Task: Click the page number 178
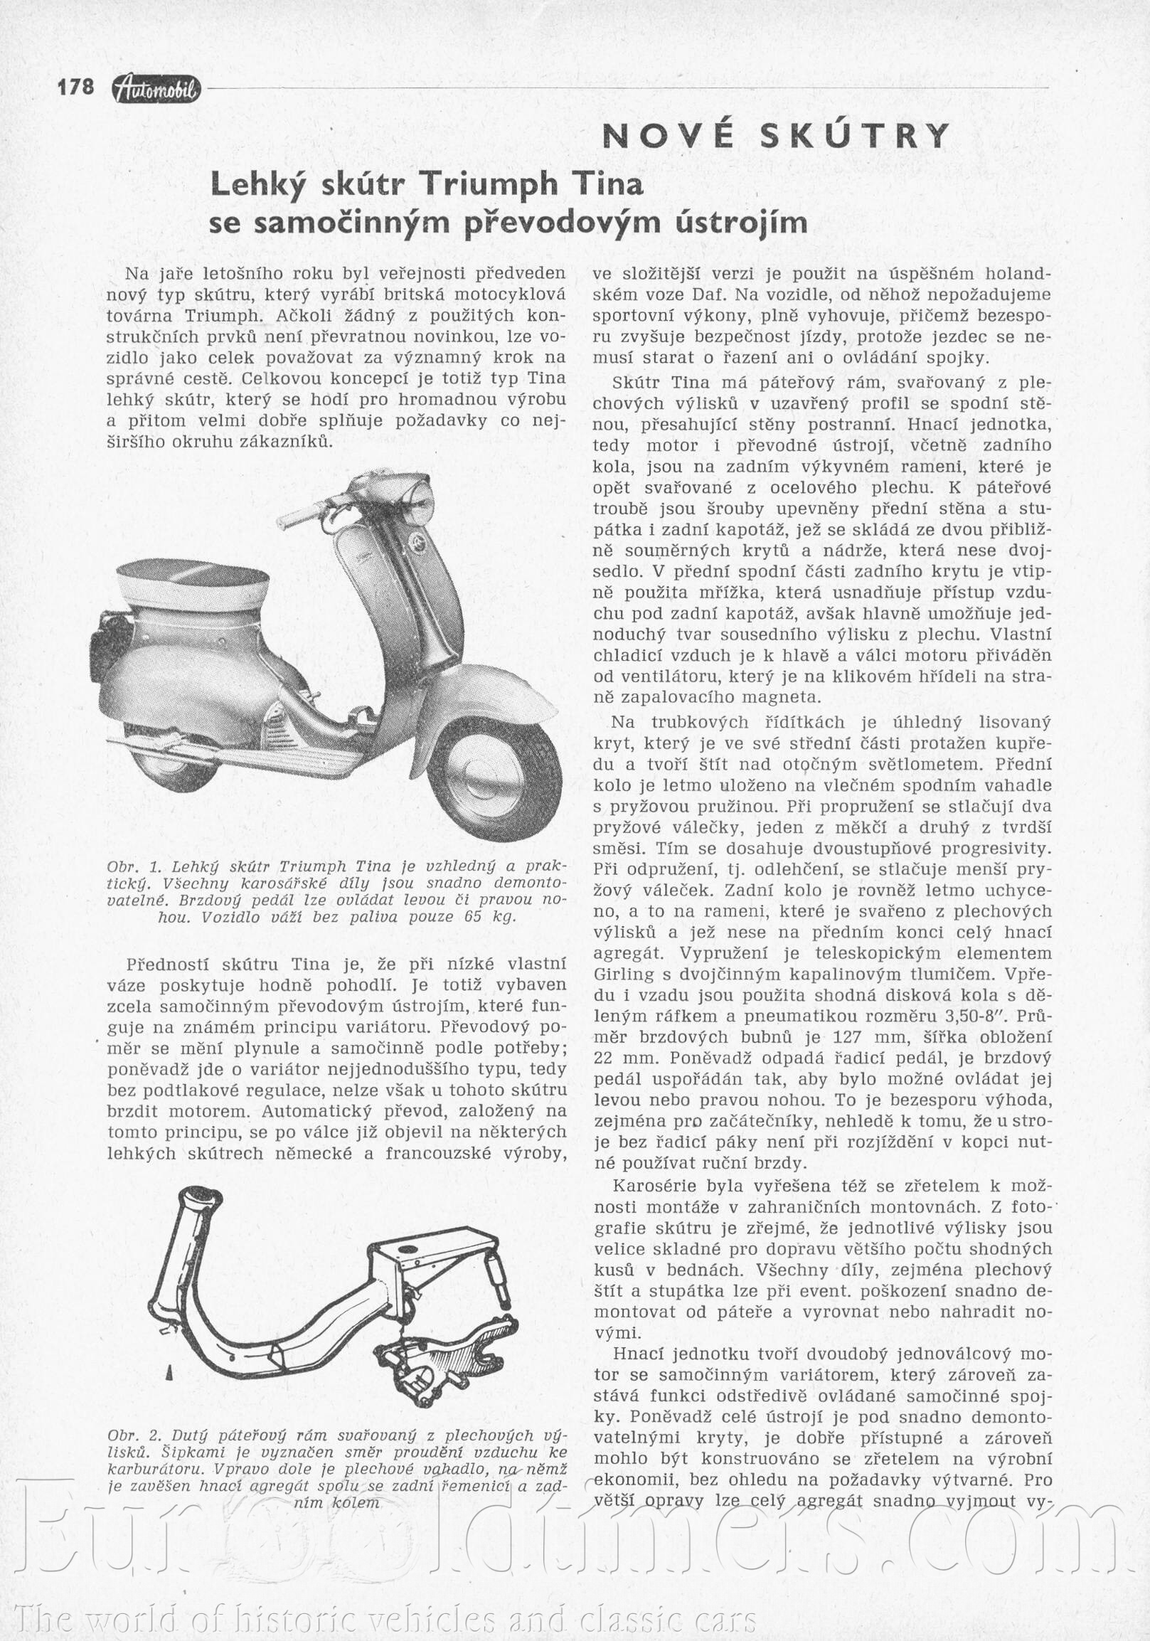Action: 75,87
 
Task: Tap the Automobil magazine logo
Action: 156,89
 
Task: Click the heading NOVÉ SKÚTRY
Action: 777,136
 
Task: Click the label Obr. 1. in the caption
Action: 128,867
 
